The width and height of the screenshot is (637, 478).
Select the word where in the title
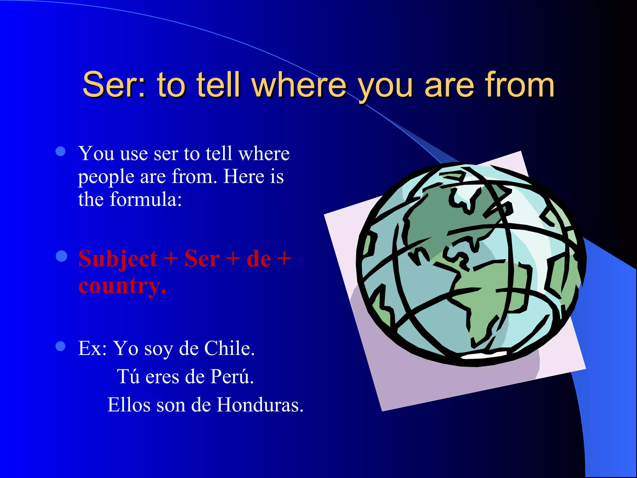click(x=299, y=85)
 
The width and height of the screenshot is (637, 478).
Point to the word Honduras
click(x=260, y=405)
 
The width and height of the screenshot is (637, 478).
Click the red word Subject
click(x=118, y=259)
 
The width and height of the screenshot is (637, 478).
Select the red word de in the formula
click(x=258, y=259)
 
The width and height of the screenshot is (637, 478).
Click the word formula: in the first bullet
click(x=146, y=199)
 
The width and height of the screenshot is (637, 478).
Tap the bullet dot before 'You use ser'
click(x=60, y=152)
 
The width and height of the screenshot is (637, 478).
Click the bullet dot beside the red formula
click(x=61, y=256)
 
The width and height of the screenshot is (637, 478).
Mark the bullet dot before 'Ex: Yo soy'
click(x=60, y=346)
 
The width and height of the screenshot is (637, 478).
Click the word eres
click(x=162, y=377)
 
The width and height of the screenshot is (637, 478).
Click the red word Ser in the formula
click(x=202, y=259)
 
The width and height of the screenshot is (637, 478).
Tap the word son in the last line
click(x=170, y=405)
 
